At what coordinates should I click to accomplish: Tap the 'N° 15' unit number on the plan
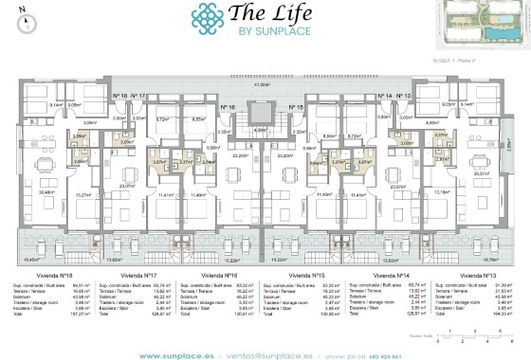click(x=295, y=108)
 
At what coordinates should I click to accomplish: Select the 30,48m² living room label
click(x=46, y=193)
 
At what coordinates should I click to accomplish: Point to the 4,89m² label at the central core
click(x=261, y=132)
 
